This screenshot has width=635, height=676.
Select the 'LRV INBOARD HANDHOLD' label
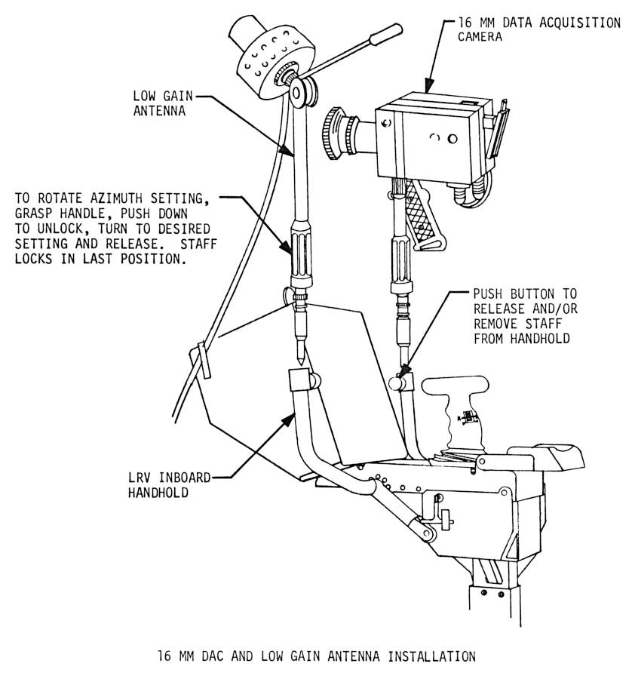[x=159, y=484]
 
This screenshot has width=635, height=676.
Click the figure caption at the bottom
[x=316, y=656]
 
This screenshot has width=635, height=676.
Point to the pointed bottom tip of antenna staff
[x=300, y=361]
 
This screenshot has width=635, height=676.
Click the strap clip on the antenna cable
[x=201, y=361]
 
